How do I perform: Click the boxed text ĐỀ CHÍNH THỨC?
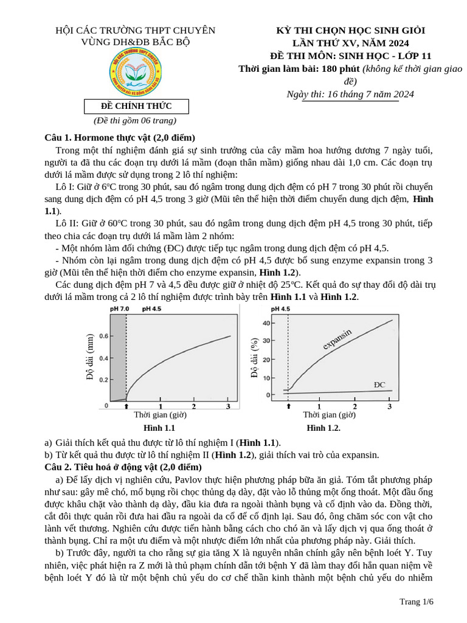pos(136,106)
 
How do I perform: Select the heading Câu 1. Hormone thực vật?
pos(120,137)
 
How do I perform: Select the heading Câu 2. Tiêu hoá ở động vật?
pos(123,467)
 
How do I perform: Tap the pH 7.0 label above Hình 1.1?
pos(119,309)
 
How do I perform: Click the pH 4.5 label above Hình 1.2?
pos(280,309)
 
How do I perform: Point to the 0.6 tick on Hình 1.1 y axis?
pos(103,336)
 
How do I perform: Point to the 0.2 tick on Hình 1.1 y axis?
pos(103,380)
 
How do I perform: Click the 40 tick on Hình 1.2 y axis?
pos(266,323)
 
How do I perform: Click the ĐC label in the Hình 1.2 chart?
pos(379,385)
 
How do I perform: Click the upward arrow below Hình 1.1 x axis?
pos(126,406)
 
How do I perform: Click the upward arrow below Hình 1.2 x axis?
pos(288,406)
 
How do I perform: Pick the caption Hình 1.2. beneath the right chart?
pos(323,428)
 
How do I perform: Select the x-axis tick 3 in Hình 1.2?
pos(390,406)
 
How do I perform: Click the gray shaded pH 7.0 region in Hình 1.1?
pos(117,359)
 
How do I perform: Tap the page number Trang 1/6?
pos(416,602)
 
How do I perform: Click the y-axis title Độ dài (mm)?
pos(91,357)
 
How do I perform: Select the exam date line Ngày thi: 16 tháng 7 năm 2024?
pos(350,94)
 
